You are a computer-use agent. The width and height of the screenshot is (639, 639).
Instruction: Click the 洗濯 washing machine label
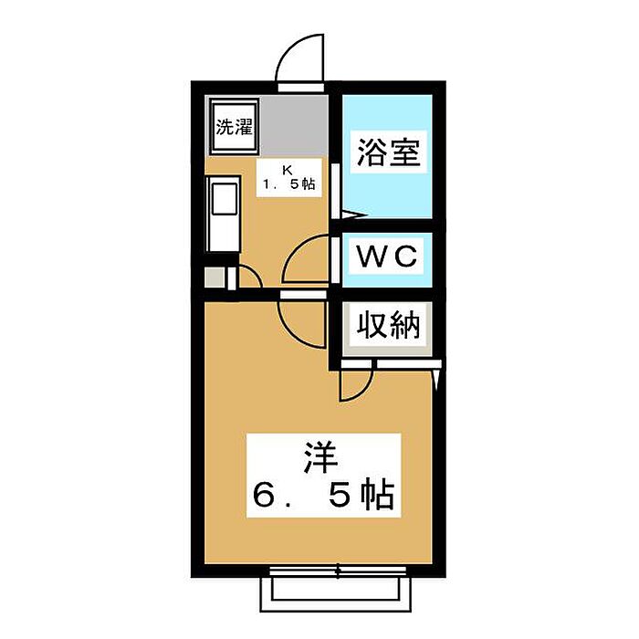[x=234, y=127]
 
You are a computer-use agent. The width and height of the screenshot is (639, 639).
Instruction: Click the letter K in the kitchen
[x=287, y=170]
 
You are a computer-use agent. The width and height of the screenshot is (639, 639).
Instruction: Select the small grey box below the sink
[x=214, y=277]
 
